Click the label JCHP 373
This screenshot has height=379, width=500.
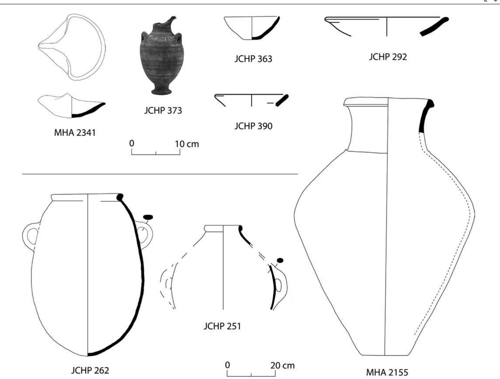coord(163,110)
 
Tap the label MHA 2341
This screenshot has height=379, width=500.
coord(75,133)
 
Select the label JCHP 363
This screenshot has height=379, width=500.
coord(253,59)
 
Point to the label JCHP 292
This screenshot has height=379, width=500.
coord(388,57)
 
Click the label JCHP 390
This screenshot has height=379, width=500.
coord(253,126)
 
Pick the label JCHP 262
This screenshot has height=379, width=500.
coord(90,371)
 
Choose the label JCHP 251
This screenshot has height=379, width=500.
coord(222,326)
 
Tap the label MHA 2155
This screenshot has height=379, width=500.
coord(387,373)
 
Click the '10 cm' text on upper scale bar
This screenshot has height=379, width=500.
coord(187,144)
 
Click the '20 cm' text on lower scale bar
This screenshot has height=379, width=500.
coord(283,365)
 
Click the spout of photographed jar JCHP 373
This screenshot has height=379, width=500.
coord(172,20)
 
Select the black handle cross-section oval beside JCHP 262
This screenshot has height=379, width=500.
coord(148,217)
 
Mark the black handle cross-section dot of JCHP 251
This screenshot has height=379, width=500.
coord(280,260)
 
